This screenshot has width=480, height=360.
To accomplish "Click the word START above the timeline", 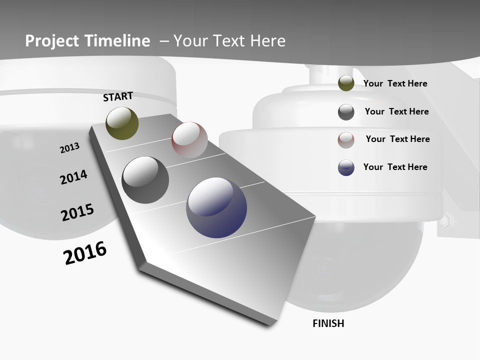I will click(118, 96).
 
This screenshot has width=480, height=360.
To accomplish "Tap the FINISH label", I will click(328, 323).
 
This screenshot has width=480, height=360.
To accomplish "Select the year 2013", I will click(69, 148).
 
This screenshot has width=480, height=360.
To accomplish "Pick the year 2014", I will click(73, 177).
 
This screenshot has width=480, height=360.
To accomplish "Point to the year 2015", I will click(77, 212).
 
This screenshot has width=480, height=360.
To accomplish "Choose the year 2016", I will click(85, 253).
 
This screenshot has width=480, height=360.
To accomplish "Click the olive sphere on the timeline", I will click(122, 123).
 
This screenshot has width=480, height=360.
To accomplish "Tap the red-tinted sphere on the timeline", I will click(189, 139).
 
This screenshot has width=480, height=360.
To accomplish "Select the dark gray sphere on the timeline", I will click(145, 179).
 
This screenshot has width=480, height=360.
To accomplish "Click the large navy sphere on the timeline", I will click(216, 207).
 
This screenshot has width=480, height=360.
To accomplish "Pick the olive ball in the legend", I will click(346, 83).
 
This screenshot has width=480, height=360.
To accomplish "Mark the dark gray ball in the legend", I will click(346, 112).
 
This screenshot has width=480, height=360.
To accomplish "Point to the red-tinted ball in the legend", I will click(346, 140).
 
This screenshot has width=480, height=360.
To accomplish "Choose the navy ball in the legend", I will click(346, 167).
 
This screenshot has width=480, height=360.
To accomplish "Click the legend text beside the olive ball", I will click(395, 84).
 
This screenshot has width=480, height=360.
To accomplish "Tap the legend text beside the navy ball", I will click(395, 167).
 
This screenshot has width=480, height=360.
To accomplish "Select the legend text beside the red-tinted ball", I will click(397, 139).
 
